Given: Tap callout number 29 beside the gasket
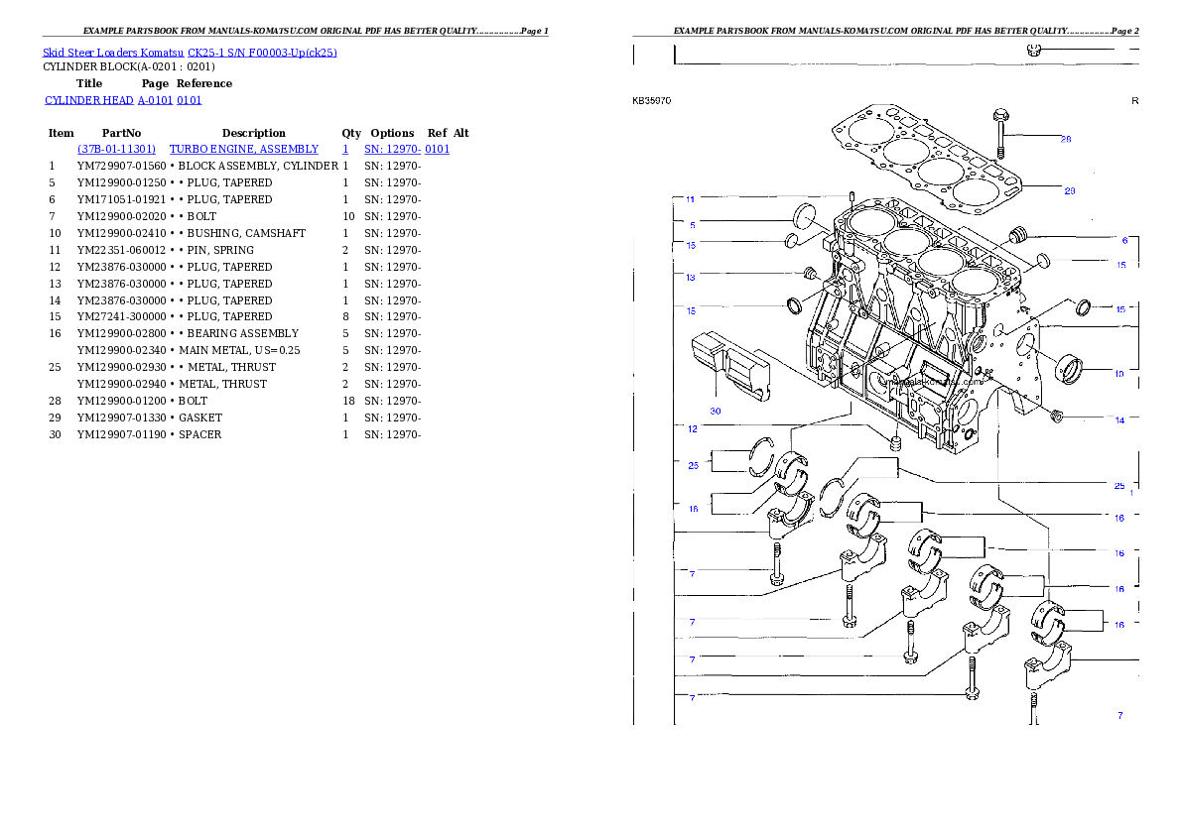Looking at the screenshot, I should tap(1070, 190).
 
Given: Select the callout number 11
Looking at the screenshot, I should tap(691, 199).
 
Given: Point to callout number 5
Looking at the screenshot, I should tap(692, 225).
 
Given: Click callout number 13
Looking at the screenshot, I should tap(691, 278).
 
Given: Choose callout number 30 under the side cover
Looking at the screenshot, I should tap(715, 410).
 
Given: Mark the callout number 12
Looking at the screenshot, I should tap(692, 429).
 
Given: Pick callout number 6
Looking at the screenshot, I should tap(1124, 241).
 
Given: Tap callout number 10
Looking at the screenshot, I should tap(1119, 374).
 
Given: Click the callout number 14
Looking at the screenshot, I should tap(1119, 420).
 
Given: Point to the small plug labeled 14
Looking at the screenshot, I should tap(1056, 413).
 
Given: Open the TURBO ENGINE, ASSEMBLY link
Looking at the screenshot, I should tap(244, 149).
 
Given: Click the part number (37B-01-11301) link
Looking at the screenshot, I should tap(116, 149).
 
